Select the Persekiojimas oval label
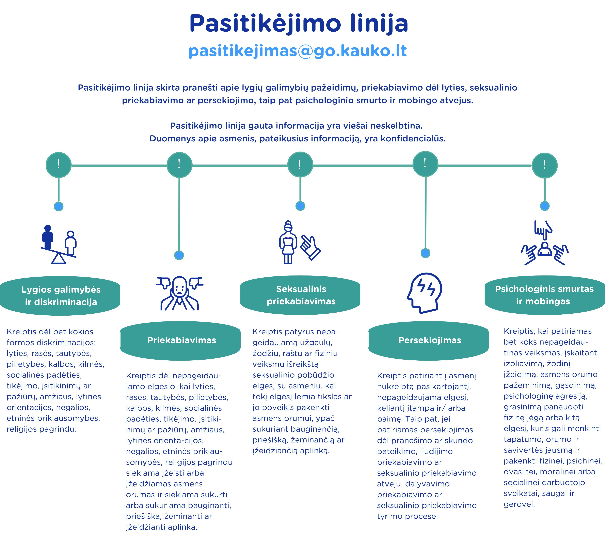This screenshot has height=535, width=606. [x=428, y=341]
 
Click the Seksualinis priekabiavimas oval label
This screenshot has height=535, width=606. [x=300, y=295]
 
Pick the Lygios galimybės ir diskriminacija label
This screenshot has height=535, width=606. [x=60, y=296]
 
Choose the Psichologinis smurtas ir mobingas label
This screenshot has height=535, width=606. [x=545, y=295]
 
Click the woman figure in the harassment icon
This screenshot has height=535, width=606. [x=288, y=242]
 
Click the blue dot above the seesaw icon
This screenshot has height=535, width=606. [x=59, y=206]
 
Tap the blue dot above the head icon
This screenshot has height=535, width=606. [x=425, y=253]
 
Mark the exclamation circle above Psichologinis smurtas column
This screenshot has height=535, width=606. [x=545, y=165]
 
